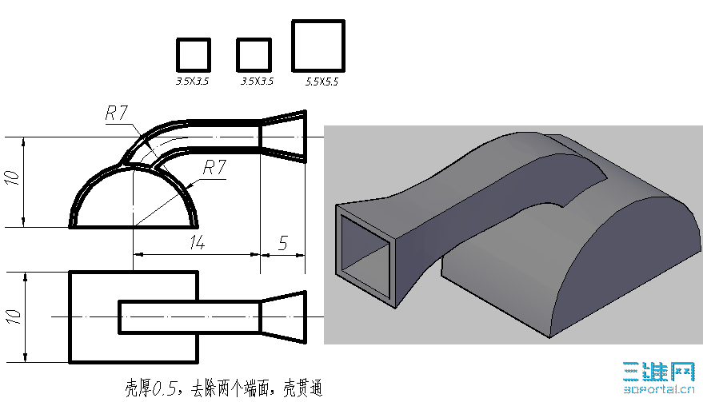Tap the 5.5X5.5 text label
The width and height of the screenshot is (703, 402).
pyautogui.click(x=322, y=82)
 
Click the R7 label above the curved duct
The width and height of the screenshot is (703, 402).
pyautogui.click(x=117, y=113)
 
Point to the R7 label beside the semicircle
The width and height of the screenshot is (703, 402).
pyautogui.click(x=214, y=168)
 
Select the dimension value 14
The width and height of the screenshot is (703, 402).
pyautogui.click(x=198, y=242)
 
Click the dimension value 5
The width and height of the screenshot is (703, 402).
pyautogui.click(x=282, y=242)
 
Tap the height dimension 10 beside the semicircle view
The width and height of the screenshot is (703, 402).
pyautogui.click(x=13, y=178)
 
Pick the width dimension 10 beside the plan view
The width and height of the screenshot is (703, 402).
pyautogui.click(x=14, y=316)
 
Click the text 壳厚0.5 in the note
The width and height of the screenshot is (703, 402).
pyautogui.click(x=151, y=388)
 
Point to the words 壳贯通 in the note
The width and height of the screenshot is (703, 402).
pyautogui.click(x=302, y=388)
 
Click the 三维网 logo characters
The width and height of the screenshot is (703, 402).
pyautogui.click(x=659, y=372)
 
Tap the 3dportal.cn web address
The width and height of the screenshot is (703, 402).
pyautogui.click(x=659, y=389)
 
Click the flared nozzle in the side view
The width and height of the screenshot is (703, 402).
pyautogui.click(x=283, y=136)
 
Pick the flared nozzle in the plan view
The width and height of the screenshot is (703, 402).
pyautogui.click(x=283, y=316)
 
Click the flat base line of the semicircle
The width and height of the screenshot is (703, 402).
pyautogui.click(x=134, y=227)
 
